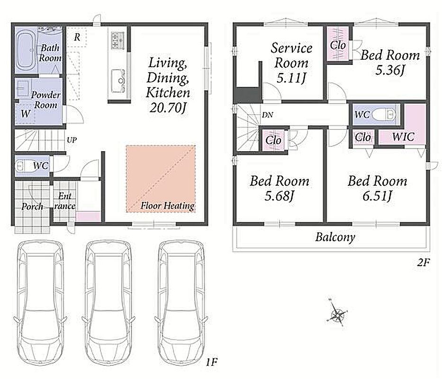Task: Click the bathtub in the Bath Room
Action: coord(26,51)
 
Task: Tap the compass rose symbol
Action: coord(337,314)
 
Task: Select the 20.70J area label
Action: coord(168,108)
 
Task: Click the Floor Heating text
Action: coord(167,206)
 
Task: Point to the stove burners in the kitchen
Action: coord(117,40)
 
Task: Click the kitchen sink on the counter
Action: coord(118,81)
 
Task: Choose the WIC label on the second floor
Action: coord(403,137)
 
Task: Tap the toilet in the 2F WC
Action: coord(384,115)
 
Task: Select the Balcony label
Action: coord(335,237)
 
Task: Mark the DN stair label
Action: coord(267,115)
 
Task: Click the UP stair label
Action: coord(72,140)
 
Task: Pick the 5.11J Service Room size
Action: coord(291,78)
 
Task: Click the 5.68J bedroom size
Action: coord(279,196)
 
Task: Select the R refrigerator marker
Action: coord(77,37)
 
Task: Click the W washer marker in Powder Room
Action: coord(26,114)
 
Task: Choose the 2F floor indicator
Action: coord(423,263)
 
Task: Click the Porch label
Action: coord(32,207)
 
